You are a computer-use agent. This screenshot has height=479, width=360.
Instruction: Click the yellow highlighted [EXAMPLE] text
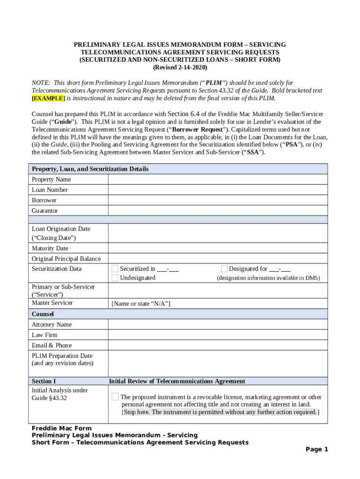[48, 98]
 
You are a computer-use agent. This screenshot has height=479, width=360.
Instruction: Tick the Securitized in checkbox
[115, 269]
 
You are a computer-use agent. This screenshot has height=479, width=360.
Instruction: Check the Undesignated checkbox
[115, 278]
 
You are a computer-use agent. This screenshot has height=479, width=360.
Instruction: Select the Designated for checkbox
[224, 269]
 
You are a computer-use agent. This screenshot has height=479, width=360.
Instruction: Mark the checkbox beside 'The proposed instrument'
[115, 397]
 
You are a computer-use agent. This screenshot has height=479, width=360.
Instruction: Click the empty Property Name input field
[217, 180]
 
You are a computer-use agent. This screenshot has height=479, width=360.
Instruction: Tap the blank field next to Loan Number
[217, 190]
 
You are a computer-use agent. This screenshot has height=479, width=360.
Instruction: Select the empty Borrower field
[217, 200]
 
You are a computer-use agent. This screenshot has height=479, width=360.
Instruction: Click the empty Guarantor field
[217, 211]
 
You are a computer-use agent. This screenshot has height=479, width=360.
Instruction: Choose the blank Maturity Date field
[217, 248]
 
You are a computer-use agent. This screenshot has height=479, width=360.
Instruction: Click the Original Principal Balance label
[66, 259]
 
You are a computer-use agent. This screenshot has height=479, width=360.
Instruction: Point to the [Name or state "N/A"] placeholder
[141, 304]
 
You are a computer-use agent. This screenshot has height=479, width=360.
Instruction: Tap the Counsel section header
[43, 314]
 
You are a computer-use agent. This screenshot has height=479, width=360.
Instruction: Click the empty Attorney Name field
[217, 325]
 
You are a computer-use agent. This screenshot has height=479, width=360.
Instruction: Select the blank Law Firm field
[217, 335]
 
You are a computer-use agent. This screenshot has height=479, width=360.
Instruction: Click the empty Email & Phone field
[217, 345]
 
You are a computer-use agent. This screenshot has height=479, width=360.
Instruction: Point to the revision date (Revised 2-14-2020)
[180, 67]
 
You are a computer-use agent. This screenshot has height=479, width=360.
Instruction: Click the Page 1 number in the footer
[317, 450]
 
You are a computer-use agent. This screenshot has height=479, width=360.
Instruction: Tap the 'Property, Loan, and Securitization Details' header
[90, 169]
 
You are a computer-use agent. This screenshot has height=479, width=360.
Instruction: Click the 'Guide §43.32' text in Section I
[49, 398]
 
